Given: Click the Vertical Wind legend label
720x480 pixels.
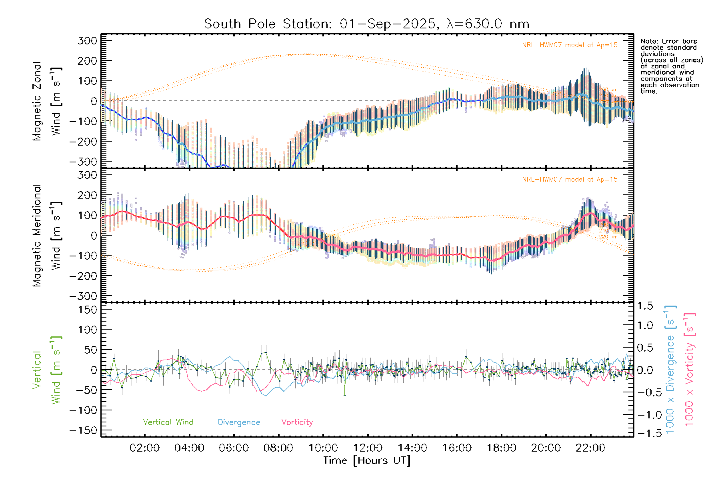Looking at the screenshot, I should [168, 422].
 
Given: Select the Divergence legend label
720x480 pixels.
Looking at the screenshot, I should [239, 422].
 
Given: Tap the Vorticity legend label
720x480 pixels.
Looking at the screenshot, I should [297, 422].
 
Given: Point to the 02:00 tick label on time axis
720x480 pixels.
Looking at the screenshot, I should [144, 448].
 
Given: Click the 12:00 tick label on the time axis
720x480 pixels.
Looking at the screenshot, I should [368, 448].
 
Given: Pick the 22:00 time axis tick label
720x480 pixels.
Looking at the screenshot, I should [590, 448].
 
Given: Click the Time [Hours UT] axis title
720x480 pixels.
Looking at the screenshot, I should [367, 460].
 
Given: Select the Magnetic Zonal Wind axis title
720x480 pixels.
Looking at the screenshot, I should [46, 101].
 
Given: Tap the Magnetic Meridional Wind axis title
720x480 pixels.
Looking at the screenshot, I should [46, 235].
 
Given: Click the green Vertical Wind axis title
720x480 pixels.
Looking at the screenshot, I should [46, 370].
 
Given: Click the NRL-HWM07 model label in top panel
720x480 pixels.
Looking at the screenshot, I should [570, 45].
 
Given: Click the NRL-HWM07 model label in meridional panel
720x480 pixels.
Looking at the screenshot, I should [570, 180].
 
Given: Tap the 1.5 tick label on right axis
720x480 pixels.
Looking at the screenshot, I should [645, 306].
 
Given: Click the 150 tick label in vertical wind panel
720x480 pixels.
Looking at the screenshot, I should [87, 310].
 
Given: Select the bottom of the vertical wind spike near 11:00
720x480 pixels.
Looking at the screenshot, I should [345, 434].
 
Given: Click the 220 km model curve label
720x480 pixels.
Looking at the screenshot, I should [608, 237].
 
